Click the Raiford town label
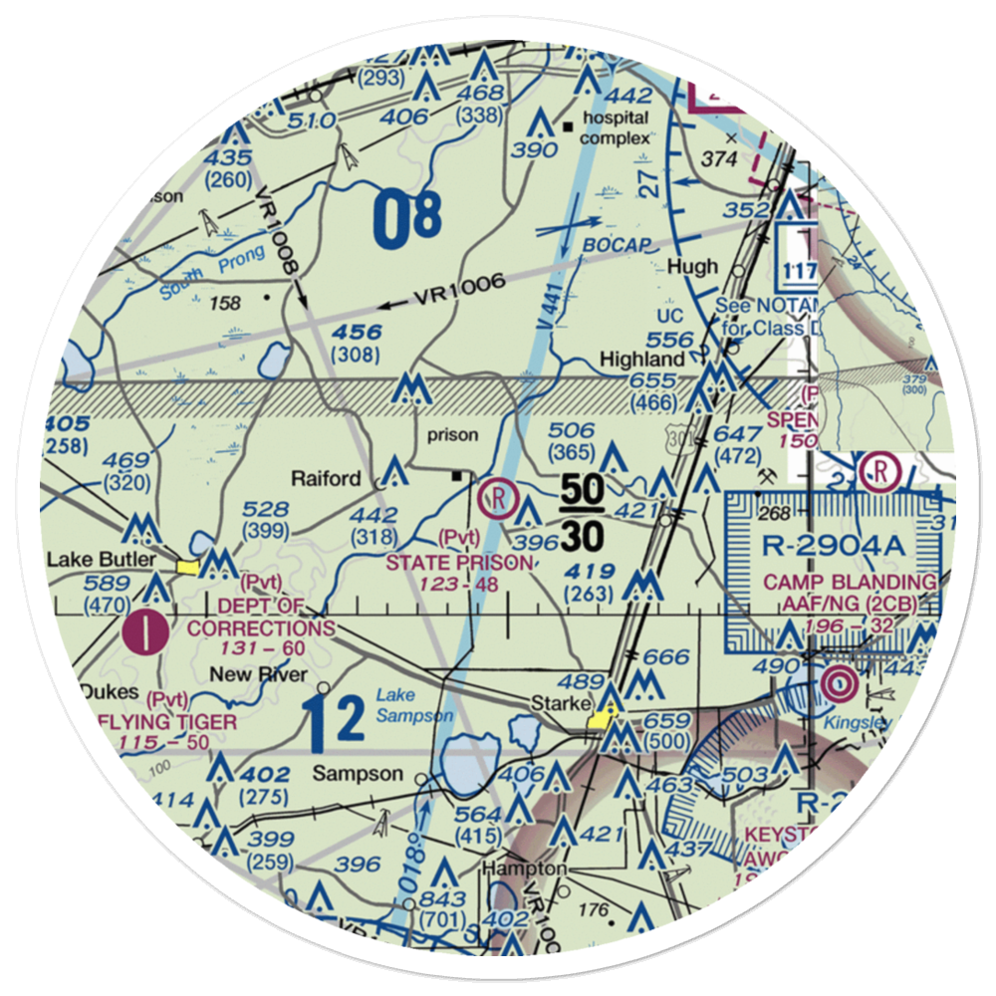[326, 478]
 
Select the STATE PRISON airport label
[459, 563]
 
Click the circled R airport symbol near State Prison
[496, 494]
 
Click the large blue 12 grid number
[334, 725]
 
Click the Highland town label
[640, 359]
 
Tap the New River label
[248, 674]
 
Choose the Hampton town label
[524, 869]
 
